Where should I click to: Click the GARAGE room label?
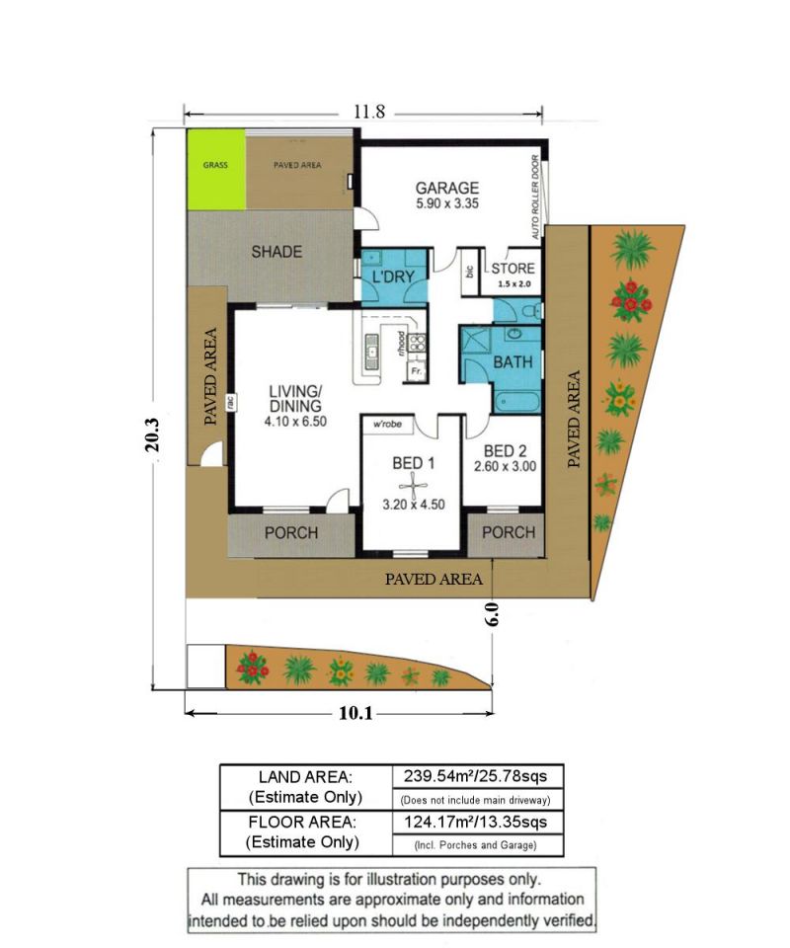(x=446, y=188)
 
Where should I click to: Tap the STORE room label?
(x=513, y=269)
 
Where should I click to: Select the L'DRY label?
(x=393, y=276)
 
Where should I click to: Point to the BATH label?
(x=513, y=362)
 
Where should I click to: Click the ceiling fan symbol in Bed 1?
(x=414, y=485)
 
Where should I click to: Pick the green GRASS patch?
(x=216, y=169)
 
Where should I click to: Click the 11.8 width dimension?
(x=369, y=112)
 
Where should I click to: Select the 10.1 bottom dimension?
(x=355, y=713)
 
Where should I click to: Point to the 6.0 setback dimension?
(x=492, y=613)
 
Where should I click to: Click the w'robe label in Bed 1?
(x=387, y=424)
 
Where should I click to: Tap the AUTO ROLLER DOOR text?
(x=535, y=197)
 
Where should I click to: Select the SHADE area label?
(x=276, y=252)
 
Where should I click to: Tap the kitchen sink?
(x=371, y=353)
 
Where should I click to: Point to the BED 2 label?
(x=506, y=450)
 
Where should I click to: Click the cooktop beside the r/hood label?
(x=417, y=344)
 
